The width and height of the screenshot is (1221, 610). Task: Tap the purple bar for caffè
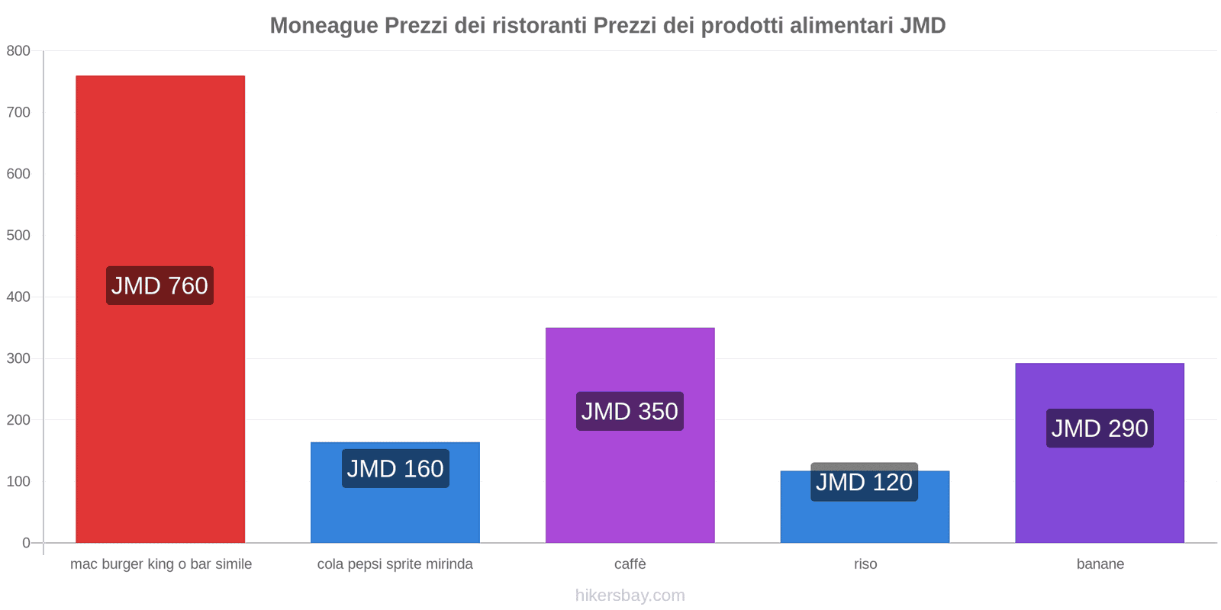pyautogui.click(x=630, y=480)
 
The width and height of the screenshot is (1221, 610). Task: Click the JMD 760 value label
pyautogui.click(x=159, y=286)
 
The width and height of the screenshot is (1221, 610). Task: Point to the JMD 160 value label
pyautogui.click(x=395, y=468)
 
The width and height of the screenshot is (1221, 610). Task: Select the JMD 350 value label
pyautogui.click(x=630, y=412)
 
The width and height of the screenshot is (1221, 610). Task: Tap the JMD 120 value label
pyautogui.click(x=864, y=482)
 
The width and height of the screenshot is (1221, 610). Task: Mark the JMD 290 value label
pyautogui.click(x=1100, y=429)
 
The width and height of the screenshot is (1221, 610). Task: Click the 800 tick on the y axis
pyautogui.click(x=18, y=51)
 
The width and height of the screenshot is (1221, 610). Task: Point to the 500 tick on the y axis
pyautogui.click(x=18, y=236)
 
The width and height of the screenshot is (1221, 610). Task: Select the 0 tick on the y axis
pyautogui.click(x=26, y=543)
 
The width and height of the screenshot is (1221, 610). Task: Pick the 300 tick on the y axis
pyautogui.click(x=18, y=358)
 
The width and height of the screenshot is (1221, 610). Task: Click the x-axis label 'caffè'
pyautogui.click(x=630, y=564)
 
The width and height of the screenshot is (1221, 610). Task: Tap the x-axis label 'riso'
pyautogui.click(x=865, y=564)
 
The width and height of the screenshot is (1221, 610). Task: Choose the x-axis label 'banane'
pyautogui.click(x=1100, y=564)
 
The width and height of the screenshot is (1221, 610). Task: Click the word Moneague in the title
pyautogui.click(x=324, y=26)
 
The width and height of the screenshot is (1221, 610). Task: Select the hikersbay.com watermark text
pyautogui.click(x=630, y=596)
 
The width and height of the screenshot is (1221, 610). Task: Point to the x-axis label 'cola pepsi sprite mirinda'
pyautogui.click(x=395, y=564)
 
